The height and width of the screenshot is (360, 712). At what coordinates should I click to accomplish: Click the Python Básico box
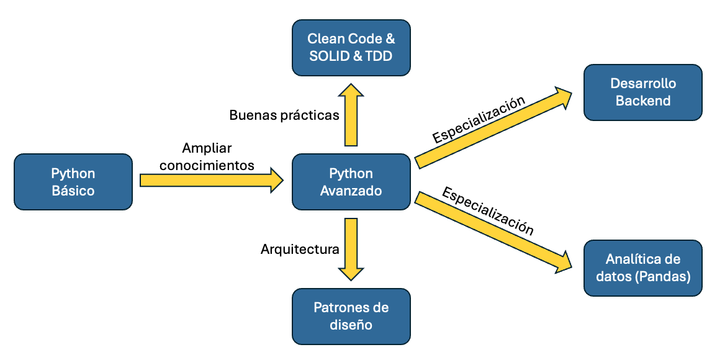[x=73, y=182]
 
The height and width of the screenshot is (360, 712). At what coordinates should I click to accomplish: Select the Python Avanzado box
[x=351, y=182]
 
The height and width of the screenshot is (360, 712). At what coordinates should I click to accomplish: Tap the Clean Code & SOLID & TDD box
[x=351, y=47]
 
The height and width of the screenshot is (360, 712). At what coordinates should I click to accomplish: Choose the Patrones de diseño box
[x=351, y=316]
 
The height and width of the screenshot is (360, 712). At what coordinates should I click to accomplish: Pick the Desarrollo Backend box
[x=642, y=92]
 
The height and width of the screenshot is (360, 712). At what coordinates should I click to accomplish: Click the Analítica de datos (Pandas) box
[x=642, y=268]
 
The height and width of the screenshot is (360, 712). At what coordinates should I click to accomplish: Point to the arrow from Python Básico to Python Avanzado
[x=211, y=180]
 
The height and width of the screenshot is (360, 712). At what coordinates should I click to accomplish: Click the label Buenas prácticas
[x=284, y=115]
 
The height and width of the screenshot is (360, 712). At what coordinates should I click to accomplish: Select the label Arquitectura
[x=300, y=250]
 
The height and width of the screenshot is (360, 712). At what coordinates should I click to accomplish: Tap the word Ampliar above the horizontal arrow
[x=207, y=149]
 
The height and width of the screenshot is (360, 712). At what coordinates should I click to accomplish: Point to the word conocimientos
[x=207, y=165]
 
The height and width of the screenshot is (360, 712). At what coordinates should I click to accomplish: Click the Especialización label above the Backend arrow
[x=479, y=120]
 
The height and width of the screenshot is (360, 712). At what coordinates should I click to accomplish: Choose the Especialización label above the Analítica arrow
[x=487, y=211]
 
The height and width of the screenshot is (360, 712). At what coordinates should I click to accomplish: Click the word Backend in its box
[x=643, y=101]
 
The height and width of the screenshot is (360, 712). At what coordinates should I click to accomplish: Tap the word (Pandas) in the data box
[x=667, y=276]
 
